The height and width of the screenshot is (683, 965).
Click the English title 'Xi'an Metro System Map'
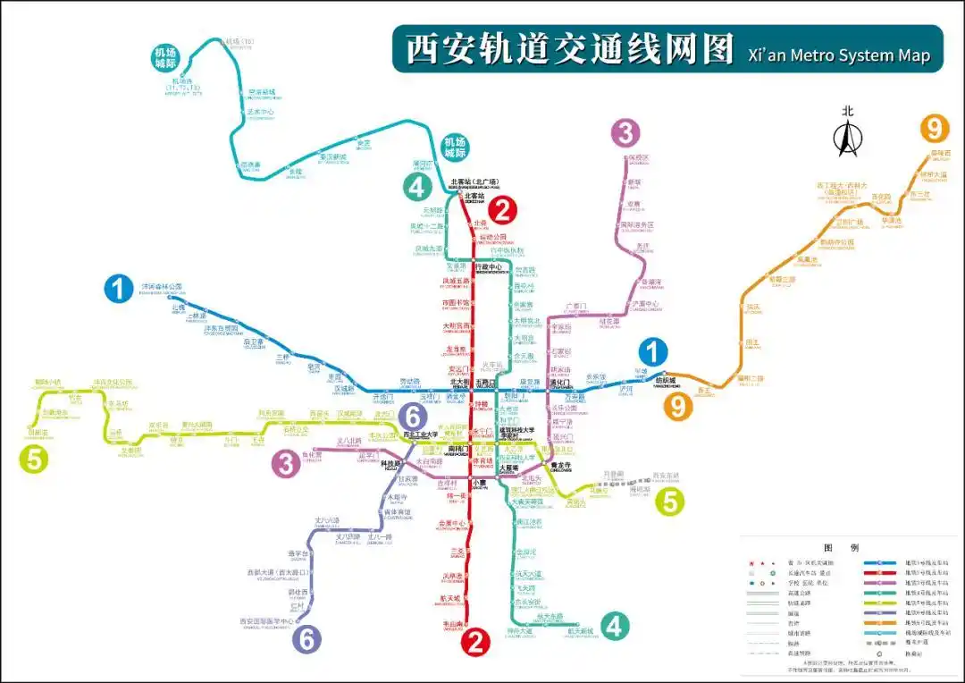click(x=838, y=55)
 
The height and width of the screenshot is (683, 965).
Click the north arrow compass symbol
click(x=847, y=135)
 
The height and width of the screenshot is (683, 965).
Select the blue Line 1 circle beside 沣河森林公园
click(x=118, y=290)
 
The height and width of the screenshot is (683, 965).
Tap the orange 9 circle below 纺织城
click(x=677, y=407)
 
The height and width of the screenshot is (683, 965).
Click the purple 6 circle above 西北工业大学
click(x=412, y=416)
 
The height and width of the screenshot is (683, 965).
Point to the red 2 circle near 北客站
click(x=502, y=211)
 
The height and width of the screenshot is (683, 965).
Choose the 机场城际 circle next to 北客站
click(x=456, y=148)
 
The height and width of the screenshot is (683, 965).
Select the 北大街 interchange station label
click(x=458, y=382)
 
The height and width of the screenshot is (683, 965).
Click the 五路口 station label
click(x=485, y=382)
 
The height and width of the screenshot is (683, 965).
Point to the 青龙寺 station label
click(x=560, y=465)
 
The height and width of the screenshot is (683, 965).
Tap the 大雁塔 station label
click(x=509, y=467)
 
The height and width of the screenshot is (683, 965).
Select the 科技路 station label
click(x=390, y=464)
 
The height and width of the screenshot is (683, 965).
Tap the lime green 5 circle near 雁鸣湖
click(x=671, y=502)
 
